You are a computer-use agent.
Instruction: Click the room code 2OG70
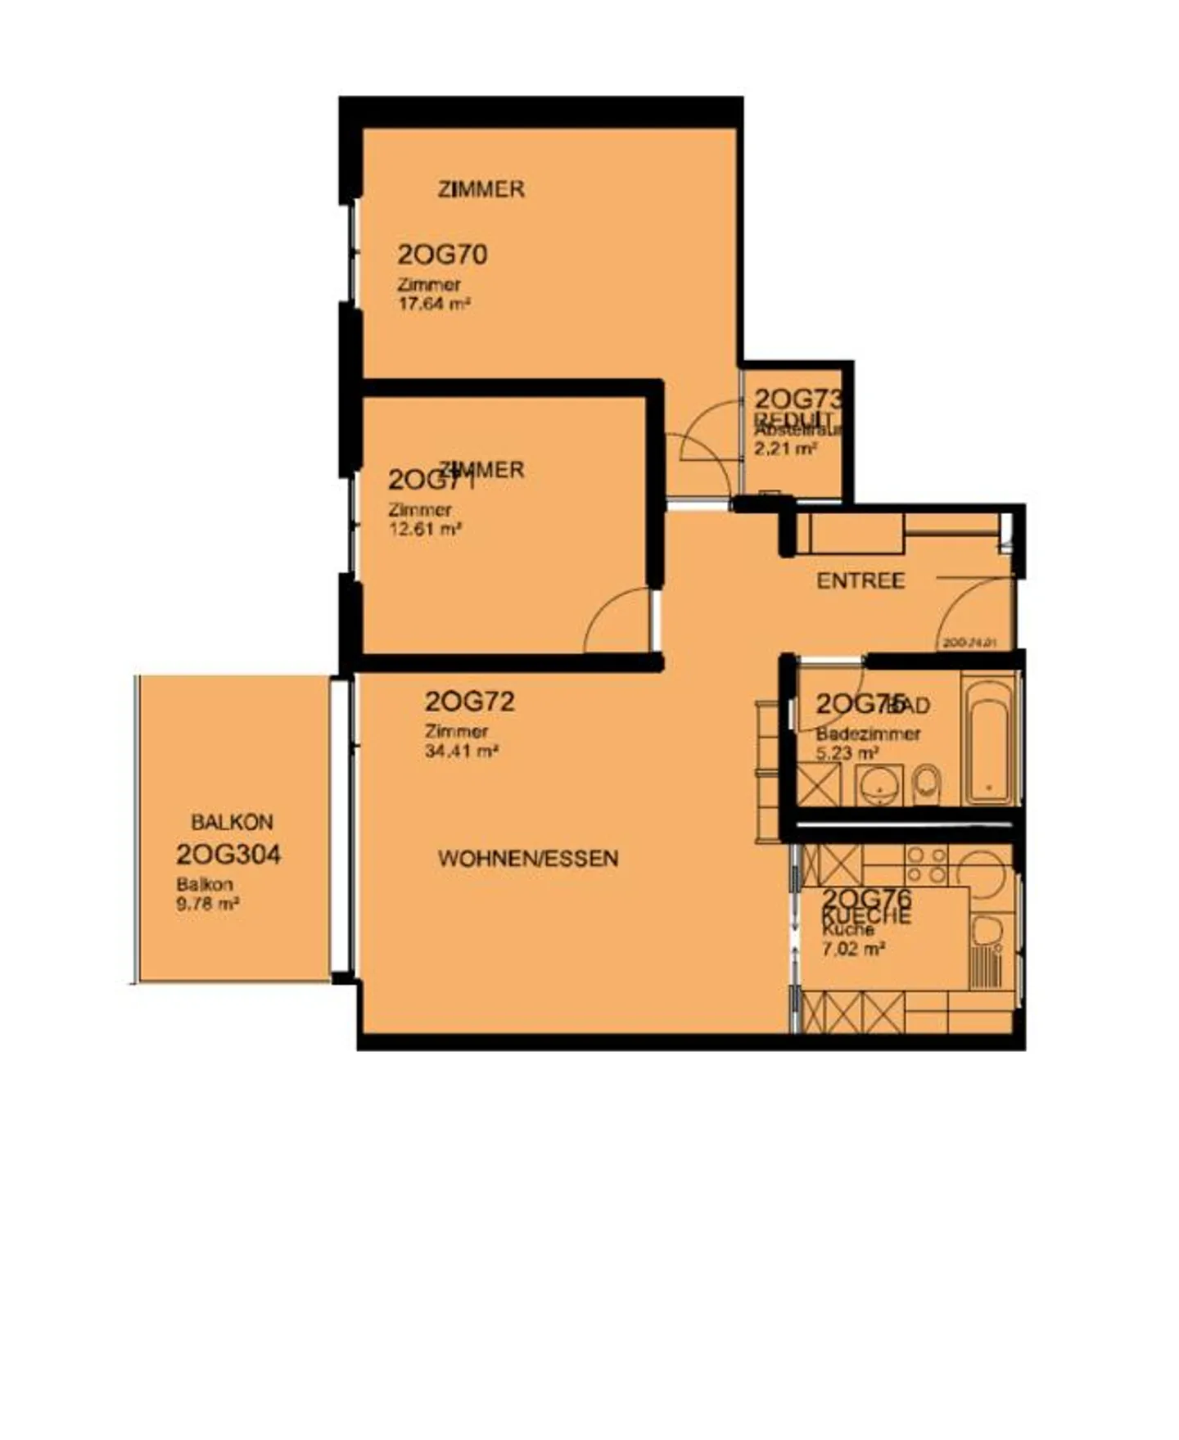click(442, 255)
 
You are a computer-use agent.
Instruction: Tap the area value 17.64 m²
click(433, 304)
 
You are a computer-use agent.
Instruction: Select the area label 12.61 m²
click(424, 529)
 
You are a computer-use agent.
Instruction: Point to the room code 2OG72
click(469, 702)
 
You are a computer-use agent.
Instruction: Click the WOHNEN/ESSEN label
click(528, 859)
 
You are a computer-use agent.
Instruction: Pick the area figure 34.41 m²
click(462, 751)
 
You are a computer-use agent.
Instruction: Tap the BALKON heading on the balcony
click(232, 822)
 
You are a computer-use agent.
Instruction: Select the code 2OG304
click(228, 855)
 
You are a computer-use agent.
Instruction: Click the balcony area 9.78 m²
click(207, 905)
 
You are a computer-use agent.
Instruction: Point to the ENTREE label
click(861, 581)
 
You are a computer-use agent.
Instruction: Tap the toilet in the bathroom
click(927, 784)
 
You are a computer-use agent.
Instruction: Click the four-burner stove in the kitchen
click(925, 864)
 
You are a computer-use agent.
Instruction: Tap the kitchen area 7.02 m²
click(852, 950)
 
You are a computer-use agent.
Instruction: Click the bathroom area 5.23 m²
click(847, 752)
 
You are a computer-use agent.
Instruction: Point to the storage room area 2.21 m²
click(785, 448)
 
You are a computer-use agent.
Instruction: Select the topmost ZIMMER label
click(481, 189)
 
